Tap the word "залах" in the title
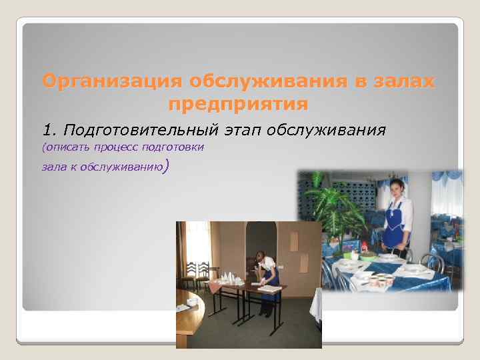click(x=403, y=81)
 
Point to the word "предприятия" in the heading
click(x=239, y=105)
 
